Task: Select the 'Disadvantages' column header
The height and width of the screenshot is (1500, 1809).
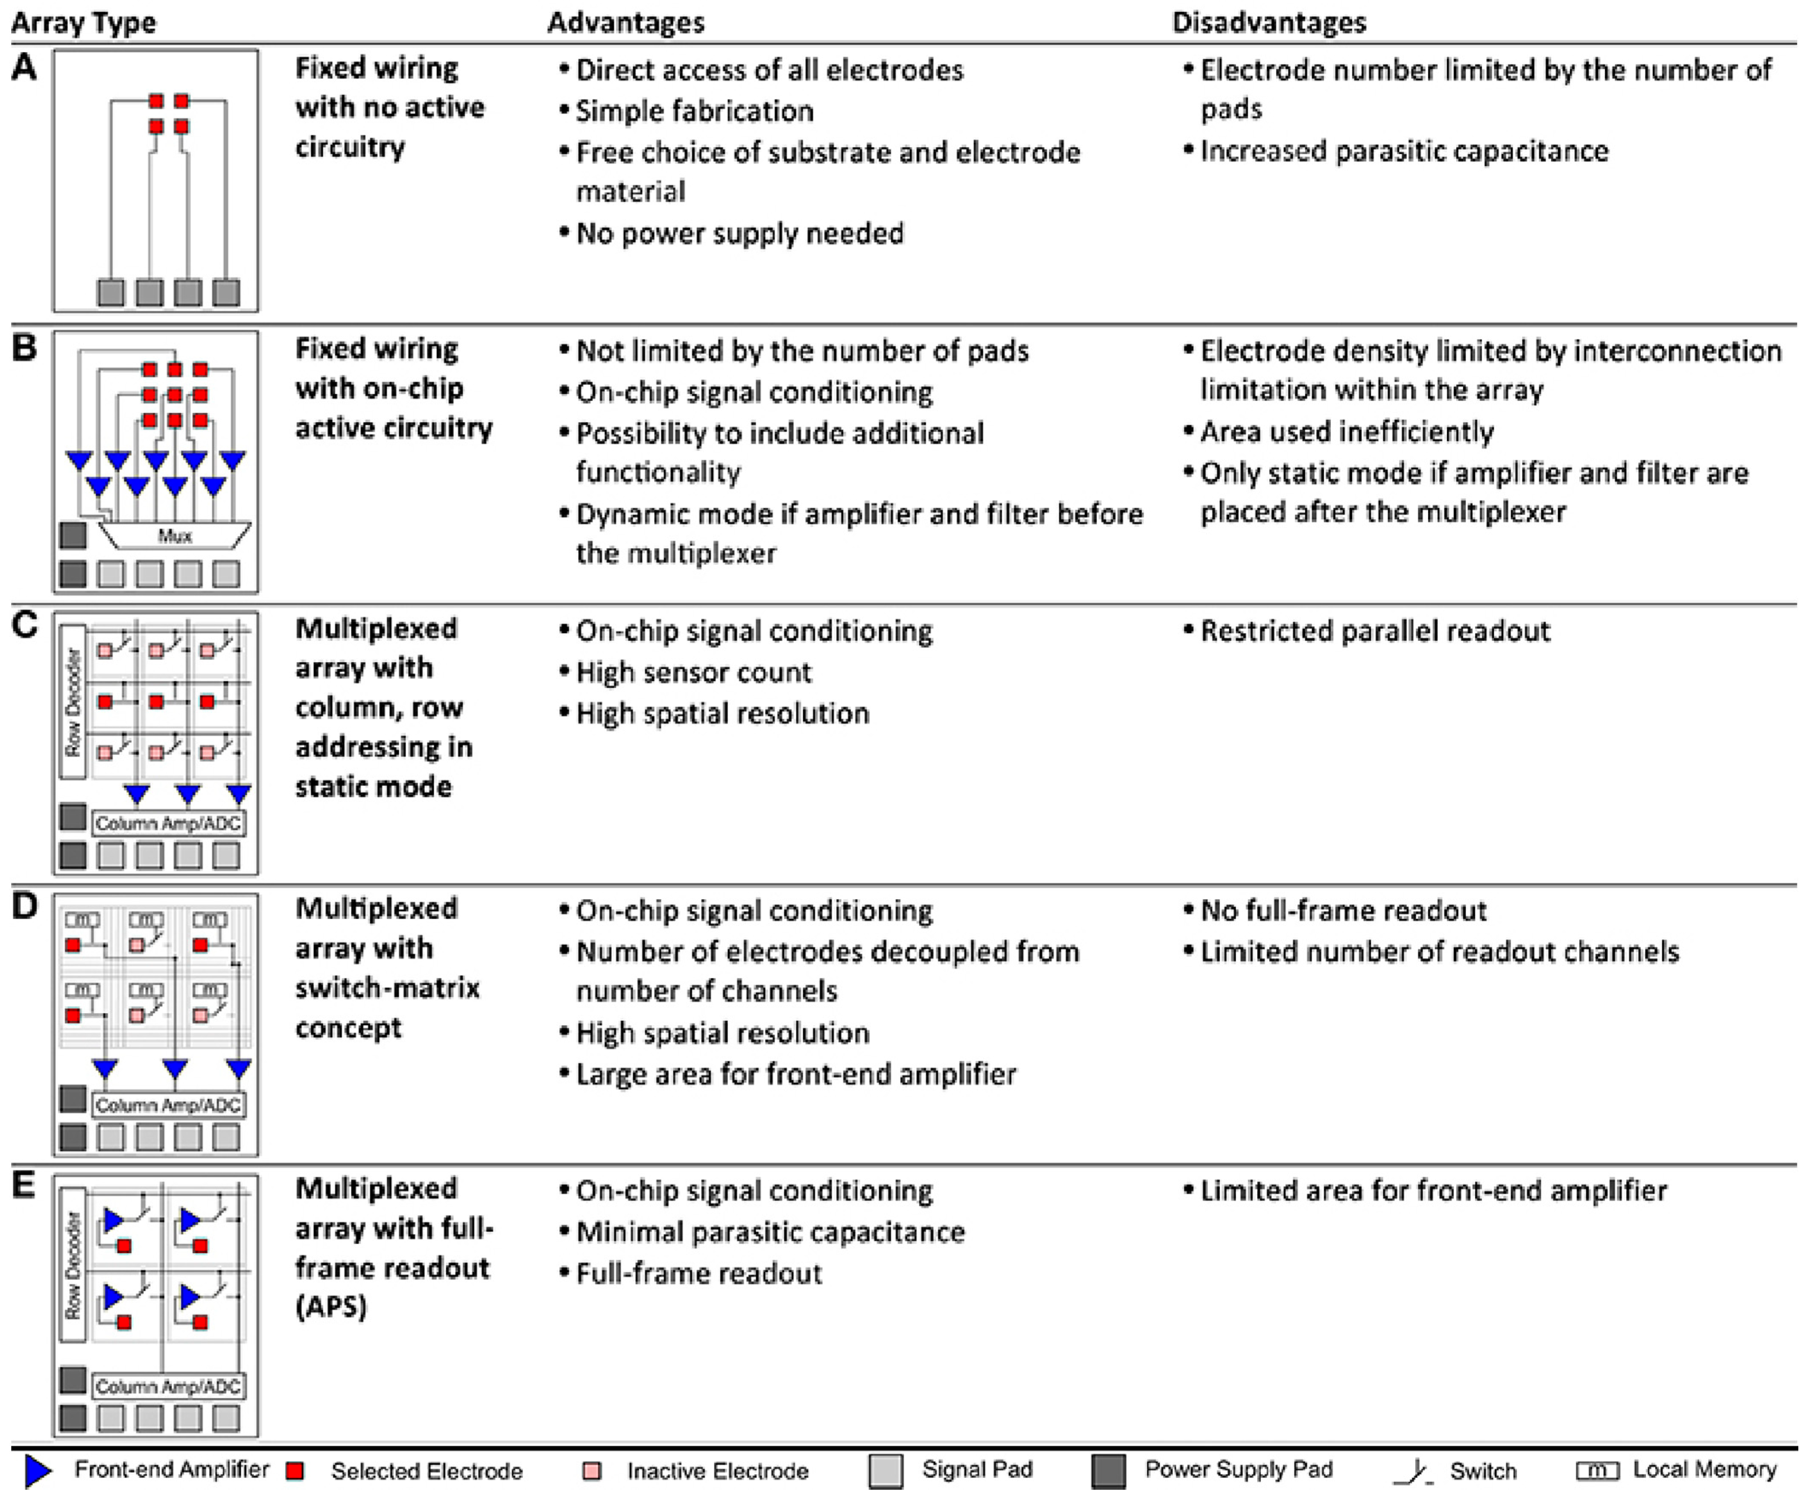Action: [1269, 22]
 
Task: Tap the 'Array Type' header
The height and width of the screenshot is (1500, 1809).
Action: [84, 22]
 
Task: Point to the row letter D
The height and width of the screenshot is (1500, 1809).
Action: [24, 906]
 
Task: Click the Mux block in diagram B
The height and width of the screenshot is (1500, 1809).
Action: [175, 536]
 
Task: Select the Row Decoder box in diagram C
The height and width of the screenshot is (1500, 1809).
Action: [73, 701]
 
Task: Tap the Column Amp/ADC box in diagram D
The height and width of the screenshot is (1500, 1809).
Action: [168, 1105]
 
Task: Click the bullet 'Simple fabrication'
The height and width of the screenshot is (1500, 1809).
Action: [694, 111]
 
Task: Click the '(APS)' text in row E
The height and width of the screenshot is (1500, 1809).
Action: [332, 1307]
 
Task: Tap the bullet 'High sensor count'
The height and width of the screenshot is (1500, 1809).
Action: [693, 672]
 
